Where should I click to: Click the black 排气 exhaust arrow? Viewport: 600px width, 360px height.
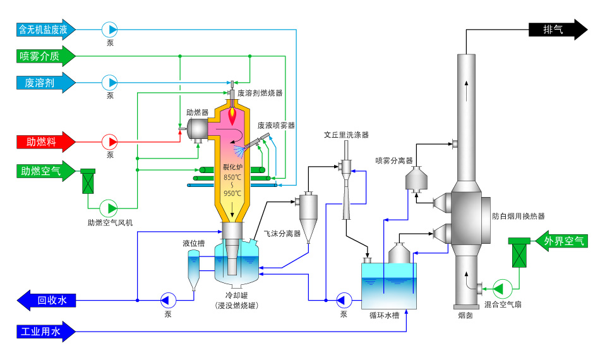tap(558, 30)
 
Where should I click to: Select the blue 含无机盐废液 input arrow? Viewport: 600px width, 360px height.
tap(46, 30)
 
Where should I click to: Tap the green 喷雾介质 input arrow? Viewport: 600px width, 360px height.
tap(46, 56)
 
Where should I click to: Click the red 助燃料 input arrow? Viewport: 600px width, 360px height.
tap(46, 142)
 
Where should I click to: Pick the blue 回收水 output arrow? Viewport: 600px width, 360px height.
tap(46, 301)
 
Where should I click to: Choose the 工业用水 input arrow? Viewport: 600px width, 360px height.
tap(46, 332)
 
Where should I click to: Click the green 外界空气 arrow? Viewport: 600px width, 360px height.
tap(561, 241)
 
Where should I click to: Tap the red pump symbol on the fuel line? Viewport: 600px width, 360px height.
tap(109, 142)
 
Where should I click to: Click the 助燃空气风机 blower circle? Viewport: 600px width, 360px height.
tap(109, 208)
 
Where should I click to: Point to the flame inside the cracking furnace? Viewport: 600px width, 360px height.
tap(232, 115)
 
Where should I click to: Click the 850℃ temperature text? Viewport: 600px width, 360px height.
tap(232, 177)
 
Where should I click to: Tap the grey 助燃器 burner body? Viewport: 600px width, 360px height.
tap(198, 130)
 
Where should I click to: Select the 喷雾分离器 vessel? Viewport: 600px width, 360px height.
tap(416, 179)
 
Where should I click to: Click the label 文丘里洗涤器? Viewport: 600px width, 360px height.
tap(346, 135)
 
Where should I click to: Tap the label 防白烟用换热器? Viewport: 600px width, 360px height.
tap(519, 216)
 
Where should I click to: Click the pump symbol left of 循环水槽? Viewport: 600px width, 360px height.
tap(344, 301)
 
